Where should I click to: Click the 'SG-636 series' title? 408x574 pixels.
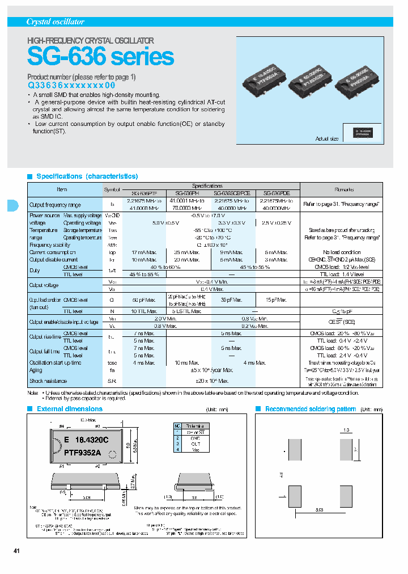click(101, 57)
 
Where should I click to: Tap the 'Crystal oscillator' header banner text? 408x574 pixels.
click(56, 22)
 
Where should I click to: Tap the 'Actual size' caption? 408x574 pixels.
click(327, 139)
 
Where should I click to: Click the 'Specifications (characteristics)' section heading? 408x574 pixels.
click(87, 176)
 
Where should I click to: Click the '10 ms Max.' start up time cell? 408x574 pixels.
click(186, 362)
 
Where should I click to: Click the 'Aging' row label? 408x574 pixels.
click(36, 370)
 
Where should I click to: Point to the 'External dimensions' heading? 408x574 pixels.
click(70, 409)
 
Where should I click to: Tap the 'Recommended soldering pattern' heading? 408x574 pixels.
click(311, 409)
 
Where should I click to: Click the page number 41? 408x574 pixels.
click(17, 551)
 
